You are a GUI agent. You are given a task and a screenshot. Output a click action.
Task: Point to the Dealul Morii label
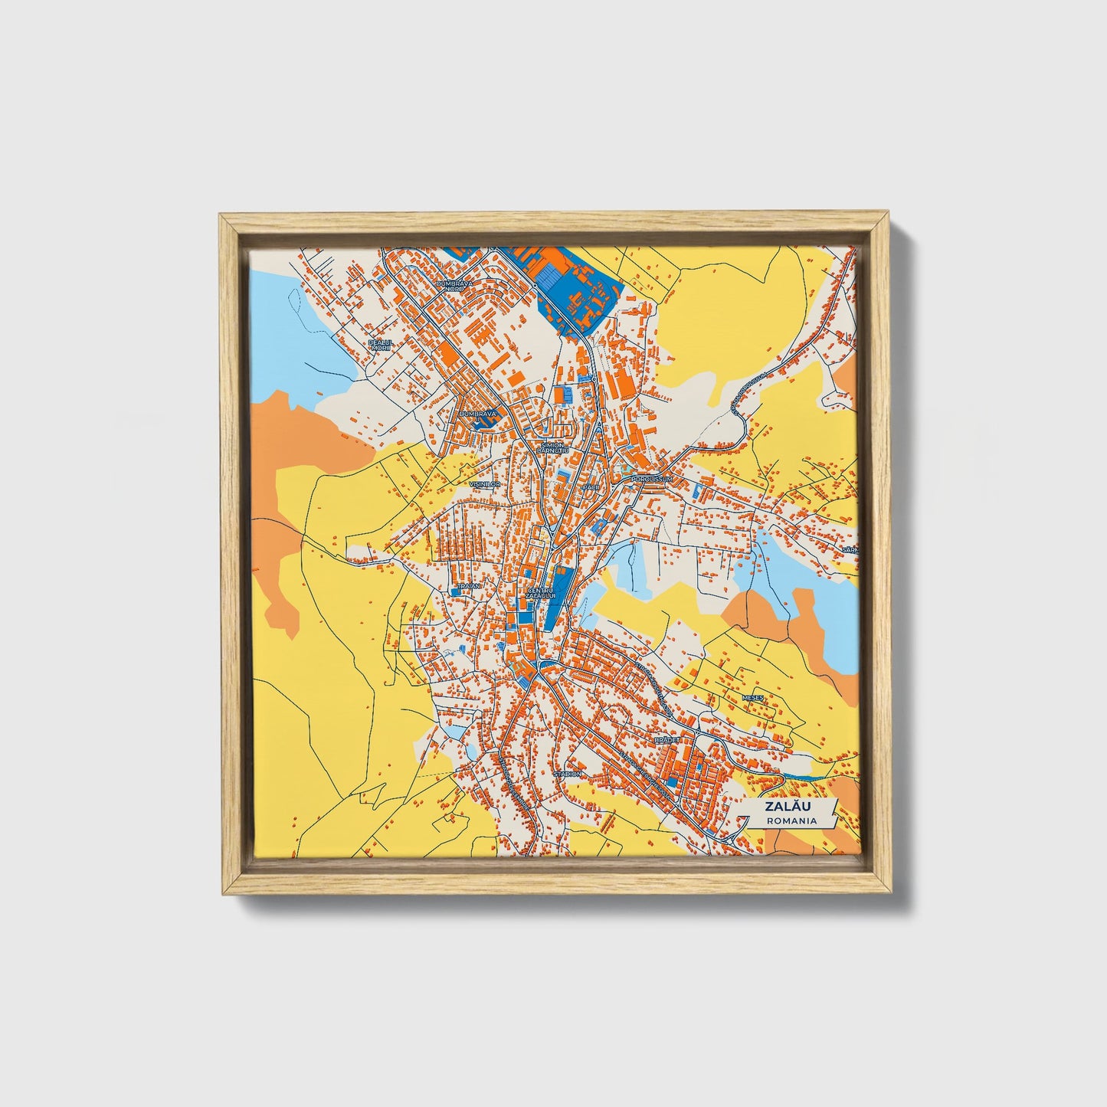(x=379, y=345)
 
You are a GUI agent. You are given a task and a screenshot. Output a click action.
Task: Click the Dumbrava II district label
(x=477, y=415)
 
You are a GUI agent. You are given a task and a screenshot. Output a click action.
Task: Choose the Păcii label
(x=588, y=486)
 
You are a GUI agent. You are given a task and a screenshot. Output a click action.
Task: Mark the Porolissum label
(x=651, y=480)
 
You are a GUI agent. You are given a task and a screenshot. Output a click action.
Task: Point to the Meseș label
(x=753, y=698)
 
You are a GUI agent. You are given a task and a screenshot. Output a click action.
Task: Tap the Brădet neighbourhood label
(x=663, y=741)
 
